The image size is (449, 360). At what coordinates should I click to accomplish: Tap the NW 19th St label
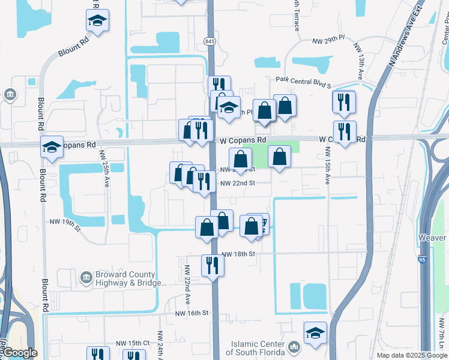coord(65,224)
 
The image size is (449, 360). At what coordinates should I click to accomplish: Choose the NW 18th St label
coord(238,254)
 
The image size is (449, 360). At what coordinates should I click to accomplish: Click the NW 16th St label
coord(191,313)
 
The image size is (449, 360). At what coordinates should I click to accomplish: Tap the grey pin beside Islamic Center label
coord(294,347)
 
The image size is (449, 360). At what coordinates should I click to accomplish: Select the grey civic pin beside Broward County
coord(85,278)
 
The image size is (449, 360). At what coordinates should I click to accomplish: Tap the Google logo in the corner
coord(20,353)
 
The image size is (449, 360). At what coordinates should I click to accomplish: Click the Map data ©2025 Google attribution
coord(411,355)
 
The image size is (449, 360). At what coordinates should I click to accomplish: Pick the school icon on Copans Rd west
coord(52,146)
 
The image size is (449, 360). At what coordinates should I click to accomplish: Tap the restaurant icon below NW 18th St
coord(212,265)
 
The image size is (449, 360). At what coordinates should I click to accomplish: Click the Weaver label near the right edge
coord(433,238)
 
